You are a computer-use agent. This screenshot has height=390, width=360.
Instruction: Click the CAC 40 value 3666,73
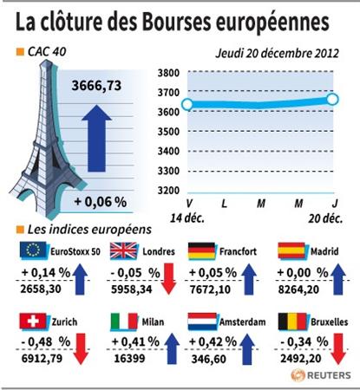96,86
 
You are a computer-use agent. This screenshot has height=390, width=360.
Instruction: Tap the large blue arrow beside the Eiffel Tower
96,139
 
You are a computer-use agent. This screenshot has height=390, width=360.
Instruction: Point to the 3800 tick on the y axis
168,73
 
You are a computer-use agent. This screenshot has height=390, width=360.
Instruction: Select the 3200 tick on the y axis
168,191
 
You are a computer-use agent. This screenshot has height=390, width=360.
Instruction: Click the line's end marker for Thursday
333,100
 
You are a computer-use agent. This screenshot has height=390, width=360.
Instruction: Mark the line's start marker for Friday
187,104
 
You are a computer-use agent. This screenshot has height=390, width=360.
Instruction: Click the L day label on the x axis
224,204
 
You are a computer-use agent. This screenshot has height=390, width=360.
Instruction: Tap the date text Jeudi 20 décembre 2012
277,54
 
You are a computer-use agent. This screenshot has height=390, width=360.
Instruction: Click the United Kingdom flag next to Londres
123,250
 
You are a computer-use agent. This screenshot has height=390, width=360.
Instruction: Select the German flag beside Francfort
201,250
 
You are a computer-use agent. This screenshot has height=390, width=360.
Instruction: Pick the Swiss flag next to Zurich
33,322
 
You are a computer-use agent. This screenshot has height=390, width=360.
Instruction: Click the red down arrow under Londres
168,279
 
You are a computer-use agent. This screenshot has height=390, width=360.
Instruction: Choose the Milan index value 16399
129,359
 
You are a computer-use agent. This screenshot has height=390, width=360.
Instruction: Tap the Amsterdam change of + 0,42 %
213,342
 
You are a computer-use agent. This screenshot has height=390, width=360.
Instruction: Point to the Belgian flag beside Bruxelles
292,322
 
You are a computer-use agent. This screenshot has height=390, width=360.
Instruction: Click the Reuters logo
321,375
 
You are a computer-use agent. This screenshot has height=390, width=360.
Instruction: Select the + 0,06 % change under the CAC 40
101,202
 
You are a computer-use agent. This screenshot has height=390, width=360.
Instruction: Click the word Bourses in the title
176,22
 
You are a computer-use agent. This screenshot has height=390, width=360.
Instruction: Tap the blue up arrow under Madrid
338,279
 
